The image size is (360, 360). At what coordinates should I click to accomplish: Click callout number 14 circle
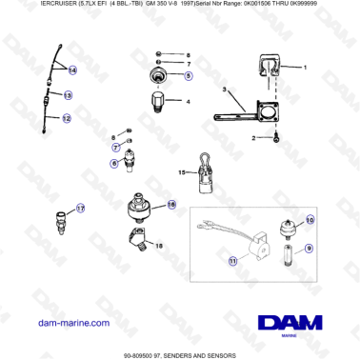click(x=72, y=70)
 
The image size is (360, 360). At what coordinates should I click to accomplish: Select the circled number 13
click(x=69, y=95)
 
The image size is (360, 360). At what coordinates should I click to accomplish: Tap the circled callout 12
click(x=67, y=119)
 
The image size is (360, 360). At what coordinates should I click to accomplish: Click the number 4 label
click(x=188, y=100)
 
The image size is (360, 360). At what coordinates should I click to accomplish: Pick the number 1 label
click(x=306, y=69)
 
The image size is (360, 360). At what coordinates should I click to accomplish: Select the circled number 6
click(x=114, y=164)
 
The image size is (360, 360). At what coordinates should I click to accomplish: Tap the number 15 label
click(x=182, y=172)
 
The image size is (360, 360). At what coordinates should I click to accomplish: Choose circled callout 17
click(x=80, y=209)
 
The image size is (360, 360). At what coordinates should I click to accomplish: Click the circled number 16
click(x=171, y=204)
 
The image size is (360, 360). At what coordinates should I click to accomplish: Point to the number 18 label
click(x=160, y=246)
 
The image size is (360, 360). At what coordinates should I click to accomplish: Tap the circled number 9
click(x=309, y=249)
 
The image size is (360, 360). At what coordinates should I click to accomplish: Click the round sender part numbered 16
click(x=142, y=208)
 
